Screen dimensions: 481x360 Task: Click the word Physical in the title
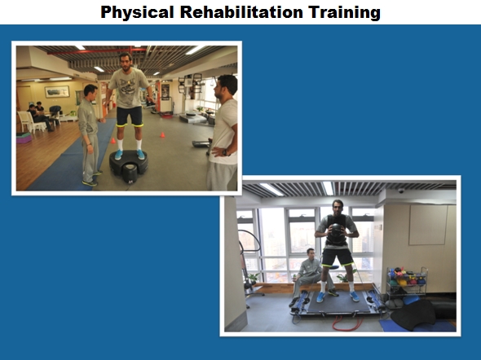(137, 13)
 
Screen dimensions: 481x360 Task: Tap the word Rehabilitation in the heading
(241, 12)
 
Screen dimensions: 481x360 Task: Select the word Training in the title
(345, 13)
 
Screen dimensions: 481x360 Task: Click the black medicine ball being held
(337, 230)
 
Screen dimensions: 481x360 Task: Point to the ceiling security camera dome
(401, 191)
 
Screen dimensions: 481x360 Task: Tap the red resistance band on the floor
(347, 323)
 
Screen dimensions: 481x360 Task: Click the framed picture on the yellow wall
(57, 91)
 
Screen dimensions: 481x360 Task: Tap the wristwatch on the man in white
(226, 152)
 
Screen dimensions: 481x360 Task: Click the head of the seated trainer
(311, 254)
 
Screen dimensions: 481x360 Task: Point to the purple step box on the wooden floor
(24, 138)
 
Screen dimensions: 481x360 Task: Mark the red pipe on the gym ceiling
(97, 51)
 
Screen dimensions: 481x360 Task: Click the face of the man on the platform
(126, 62)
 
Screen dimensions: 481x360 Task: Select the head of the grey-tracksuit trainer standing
(90, 91)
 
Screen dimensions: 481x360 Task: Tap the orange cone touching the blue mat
(113, 141)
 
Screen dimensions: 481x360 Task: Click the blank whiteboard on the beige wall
(428, 225)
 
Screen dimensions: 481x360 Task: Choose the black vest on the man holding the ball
(337, 230)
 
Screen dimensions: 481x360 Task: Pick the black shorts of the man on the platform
(130, 116)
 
